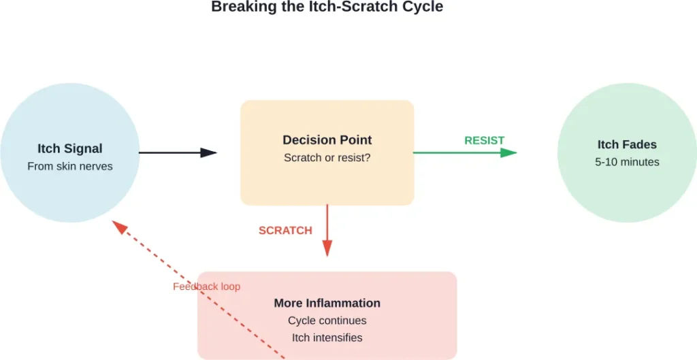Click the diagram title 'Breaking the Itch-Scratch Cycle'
[x=327, y=7]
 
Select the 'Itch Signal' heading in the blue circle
[x=69, y=148]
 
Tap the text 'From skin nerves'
[x=69, y=166]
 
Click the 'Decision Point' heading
[x=327, y=140]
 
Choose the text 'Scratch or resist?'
[x=327, y=158]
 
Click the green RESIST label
[x=484, y=140]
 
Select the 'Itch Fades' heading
[x=627, y=144]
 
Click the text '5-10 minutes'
[x=627, y=162]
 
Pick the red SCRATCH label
[x=285, y=231]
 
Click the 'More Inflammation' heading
[x=327, y=303]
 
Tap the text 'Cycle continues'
[x=327, y=321]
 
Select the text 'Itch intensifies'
[x=327, y=338]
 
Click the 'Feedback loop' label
[x=206, y=287]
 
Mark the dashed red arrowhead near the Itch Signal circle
[x=119, y=227]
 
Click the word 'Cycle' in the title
[x=422, y=7]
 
